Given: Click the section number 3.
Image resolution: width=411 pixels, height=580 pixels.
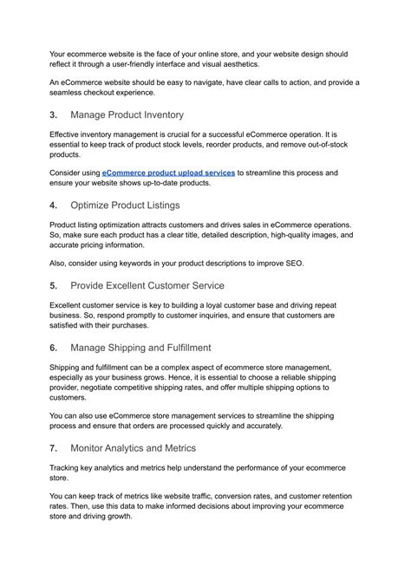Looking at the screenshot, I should (53, 114).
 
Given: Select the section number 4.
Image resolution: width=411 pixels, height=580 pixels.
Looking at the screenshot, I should (53, 205).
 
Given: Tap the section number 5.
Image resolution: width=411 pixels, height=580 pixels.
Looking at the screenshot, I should (53, 285).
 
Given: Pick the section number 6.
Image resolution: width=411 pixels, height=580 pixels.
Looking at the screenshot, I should (53, 348).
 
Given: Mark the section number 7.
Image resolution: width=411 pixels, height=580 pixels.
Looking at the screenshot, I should (53, 448).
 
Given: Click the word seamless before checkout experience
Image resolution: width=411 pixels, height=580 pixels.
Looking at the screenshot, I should (67, 93).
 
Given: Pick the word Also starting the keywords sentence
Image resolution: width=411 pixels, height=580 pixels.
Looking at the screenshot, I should (61, 264).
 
